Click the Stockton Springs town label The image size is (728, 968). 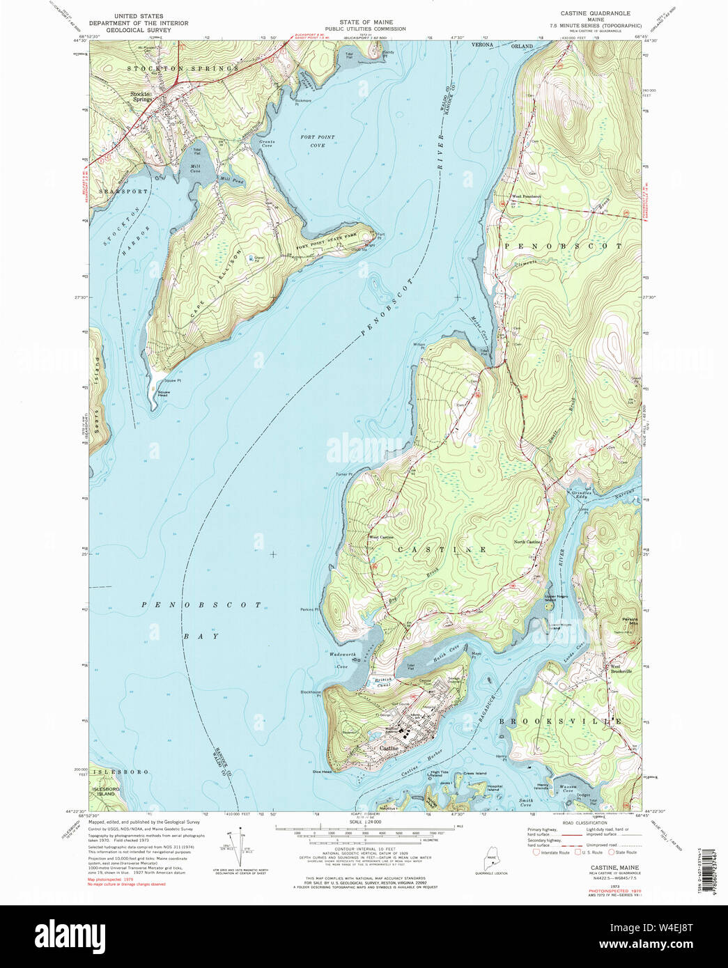pyautogui.click(x=142, y=97)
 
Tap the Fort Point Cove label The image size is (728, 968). pyautogui.click(x=317, y=141)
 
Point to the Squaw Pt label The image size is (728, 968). pyautogui.click(x=172, y=380)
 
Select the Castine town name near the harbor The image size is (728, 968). pyautogui.click(x=389, y=749)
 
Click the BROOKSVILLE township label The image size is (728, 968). pyautogui.click(x=559, y=721)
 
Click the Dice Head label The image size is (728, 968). pyautogui.click(x=322, y=772)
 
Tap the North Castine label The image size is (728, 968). pyautogui.click(x=527, y=542)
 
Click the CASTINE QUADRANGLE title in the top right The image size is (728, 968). pyautogui.click(x=595, y=13)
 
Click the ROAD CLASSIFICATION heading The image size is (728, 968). pyautogui.click(x=566, y=822)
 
